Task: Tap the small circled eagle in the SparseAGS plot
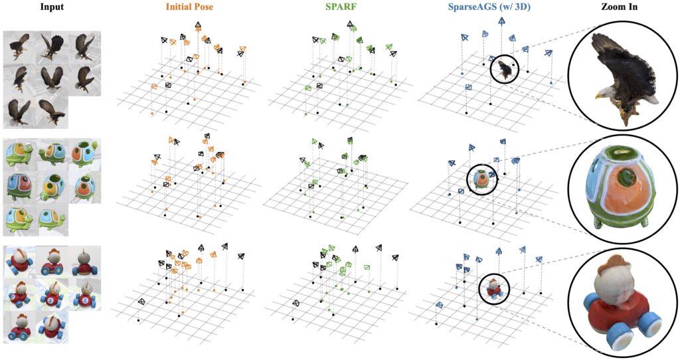(x=507, y=68)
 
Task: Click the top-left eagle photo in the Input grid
(x=19, y=46)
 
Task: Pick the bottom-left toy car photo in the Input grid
(x=19, y=327)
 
